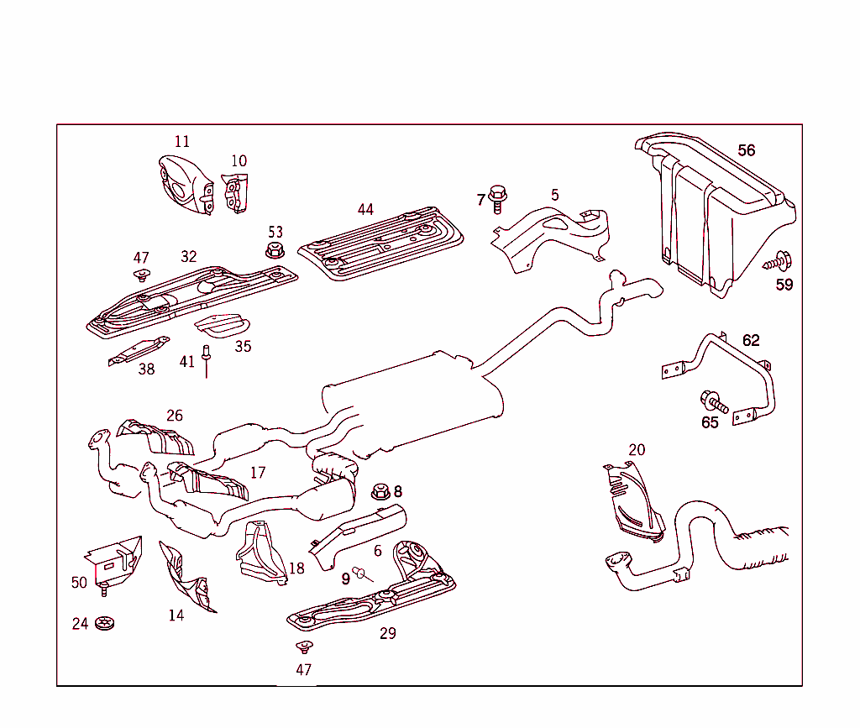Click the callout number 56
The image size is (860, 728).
746,150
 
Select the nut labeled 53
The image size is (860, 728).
274,250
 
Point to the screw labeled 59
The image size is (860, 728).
778,261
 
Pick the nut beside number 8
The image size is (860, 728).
379,490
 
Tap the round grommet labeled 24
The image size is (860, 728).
105,624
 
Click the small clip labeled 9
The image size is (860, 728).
362,573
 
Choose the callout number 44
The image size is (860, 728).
364,210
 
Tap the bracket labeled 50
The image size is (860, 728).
114,558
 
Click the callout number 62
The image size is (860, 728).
750,340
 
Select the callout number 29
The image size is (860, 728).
387,633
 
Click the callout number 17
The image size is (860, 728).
257,473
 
